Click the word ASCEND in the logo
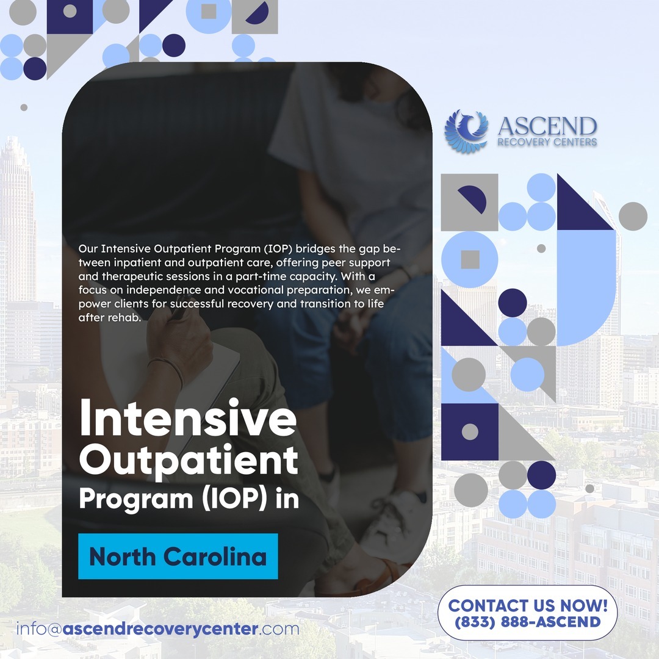547,126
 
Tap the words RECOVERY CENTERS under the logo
547,142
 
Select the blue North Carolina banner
178,556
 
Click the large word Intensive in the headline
188,417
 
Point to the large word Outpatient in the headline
189,460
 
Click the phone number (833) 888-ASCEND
527,622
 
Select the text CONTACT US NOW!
528,606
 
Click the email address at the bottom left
157,628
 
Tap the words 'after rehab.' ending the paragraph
110,318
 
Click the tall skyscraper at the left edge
17,218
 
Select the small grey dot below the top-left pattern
24,107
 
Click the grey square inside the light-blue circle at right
470,259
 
